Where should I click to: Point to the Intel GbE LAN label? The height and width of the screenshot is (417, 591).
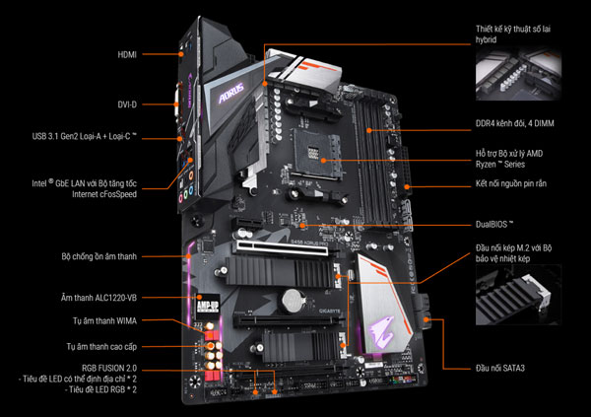tap(80, 188)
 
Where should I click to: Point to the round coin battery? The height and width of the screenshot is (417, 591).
tap(290, 296)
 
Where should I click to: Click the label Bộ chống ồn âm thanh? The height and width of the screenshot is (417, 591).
tap(97, 255)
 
